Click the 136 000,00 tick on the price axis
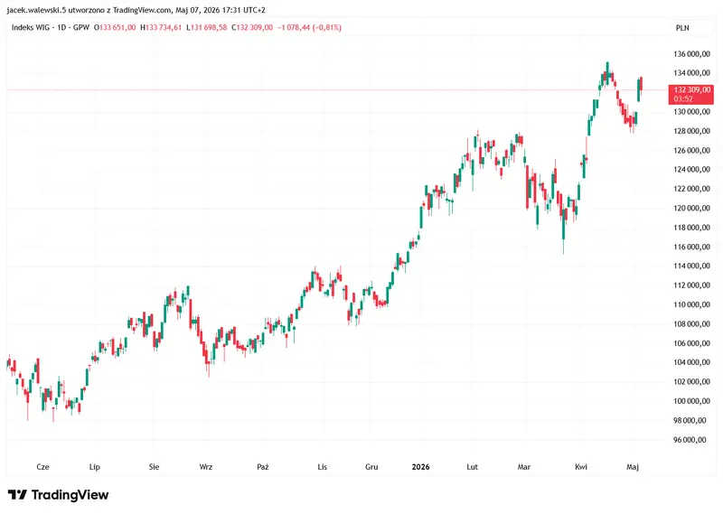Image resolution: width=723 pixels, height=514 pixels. click(x=691, y=54)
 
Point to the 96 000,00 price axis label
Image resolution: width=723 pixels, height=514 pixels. click(x=690, y=440)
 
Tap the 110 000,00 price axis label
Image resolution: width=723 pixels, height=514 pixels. click(x=691, y=304)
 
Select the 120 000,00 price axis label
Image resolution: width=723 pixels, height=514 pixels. click(x=691, y=209)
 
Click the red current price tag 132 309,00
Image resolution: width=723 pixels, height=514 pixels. click(x=691, y=90)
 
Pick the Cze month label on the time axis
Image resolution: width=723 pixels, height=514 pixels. click(x=42, y=467)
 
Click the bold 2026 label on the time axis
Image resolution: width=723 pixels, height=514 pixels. click(x=420, y=467)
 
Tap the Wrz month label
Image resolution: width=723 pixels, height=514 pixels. click(x=206, y=467)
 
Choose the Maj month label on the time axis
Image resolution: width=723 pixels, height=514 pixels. click(x=633, y=467)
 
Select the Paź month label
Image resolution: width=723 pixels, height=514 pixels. click(x=263, y=467)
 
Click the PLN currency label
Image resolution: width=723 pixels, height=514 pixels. click(x=682, y=28)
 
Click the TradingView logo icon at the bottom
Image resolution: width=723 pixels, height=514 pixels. click(x=17, y=495)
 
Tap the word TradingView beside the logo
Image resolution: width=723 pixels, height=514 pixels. click(x=70, y=495)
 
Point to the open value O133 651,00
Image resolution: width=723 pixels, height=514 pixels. click(x=115, y=28)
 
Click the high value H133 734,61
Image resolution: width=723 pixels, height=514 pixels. click(x=161, y=28)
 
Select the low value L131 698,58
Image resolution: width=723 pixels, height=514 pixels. click(x=207, y=28)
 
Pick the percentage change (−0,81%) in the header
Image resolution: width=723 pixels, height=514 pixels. click(x=327, y=28)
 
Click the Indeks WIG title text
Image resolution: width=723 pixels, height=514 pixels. click(x=29, y=28)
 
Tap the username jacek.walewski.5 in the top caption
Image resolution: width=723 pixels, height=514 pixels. click(x=36, y=10)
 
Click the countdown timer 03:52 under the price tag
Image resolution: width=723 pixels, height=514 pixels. click(x=683, y=99)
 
